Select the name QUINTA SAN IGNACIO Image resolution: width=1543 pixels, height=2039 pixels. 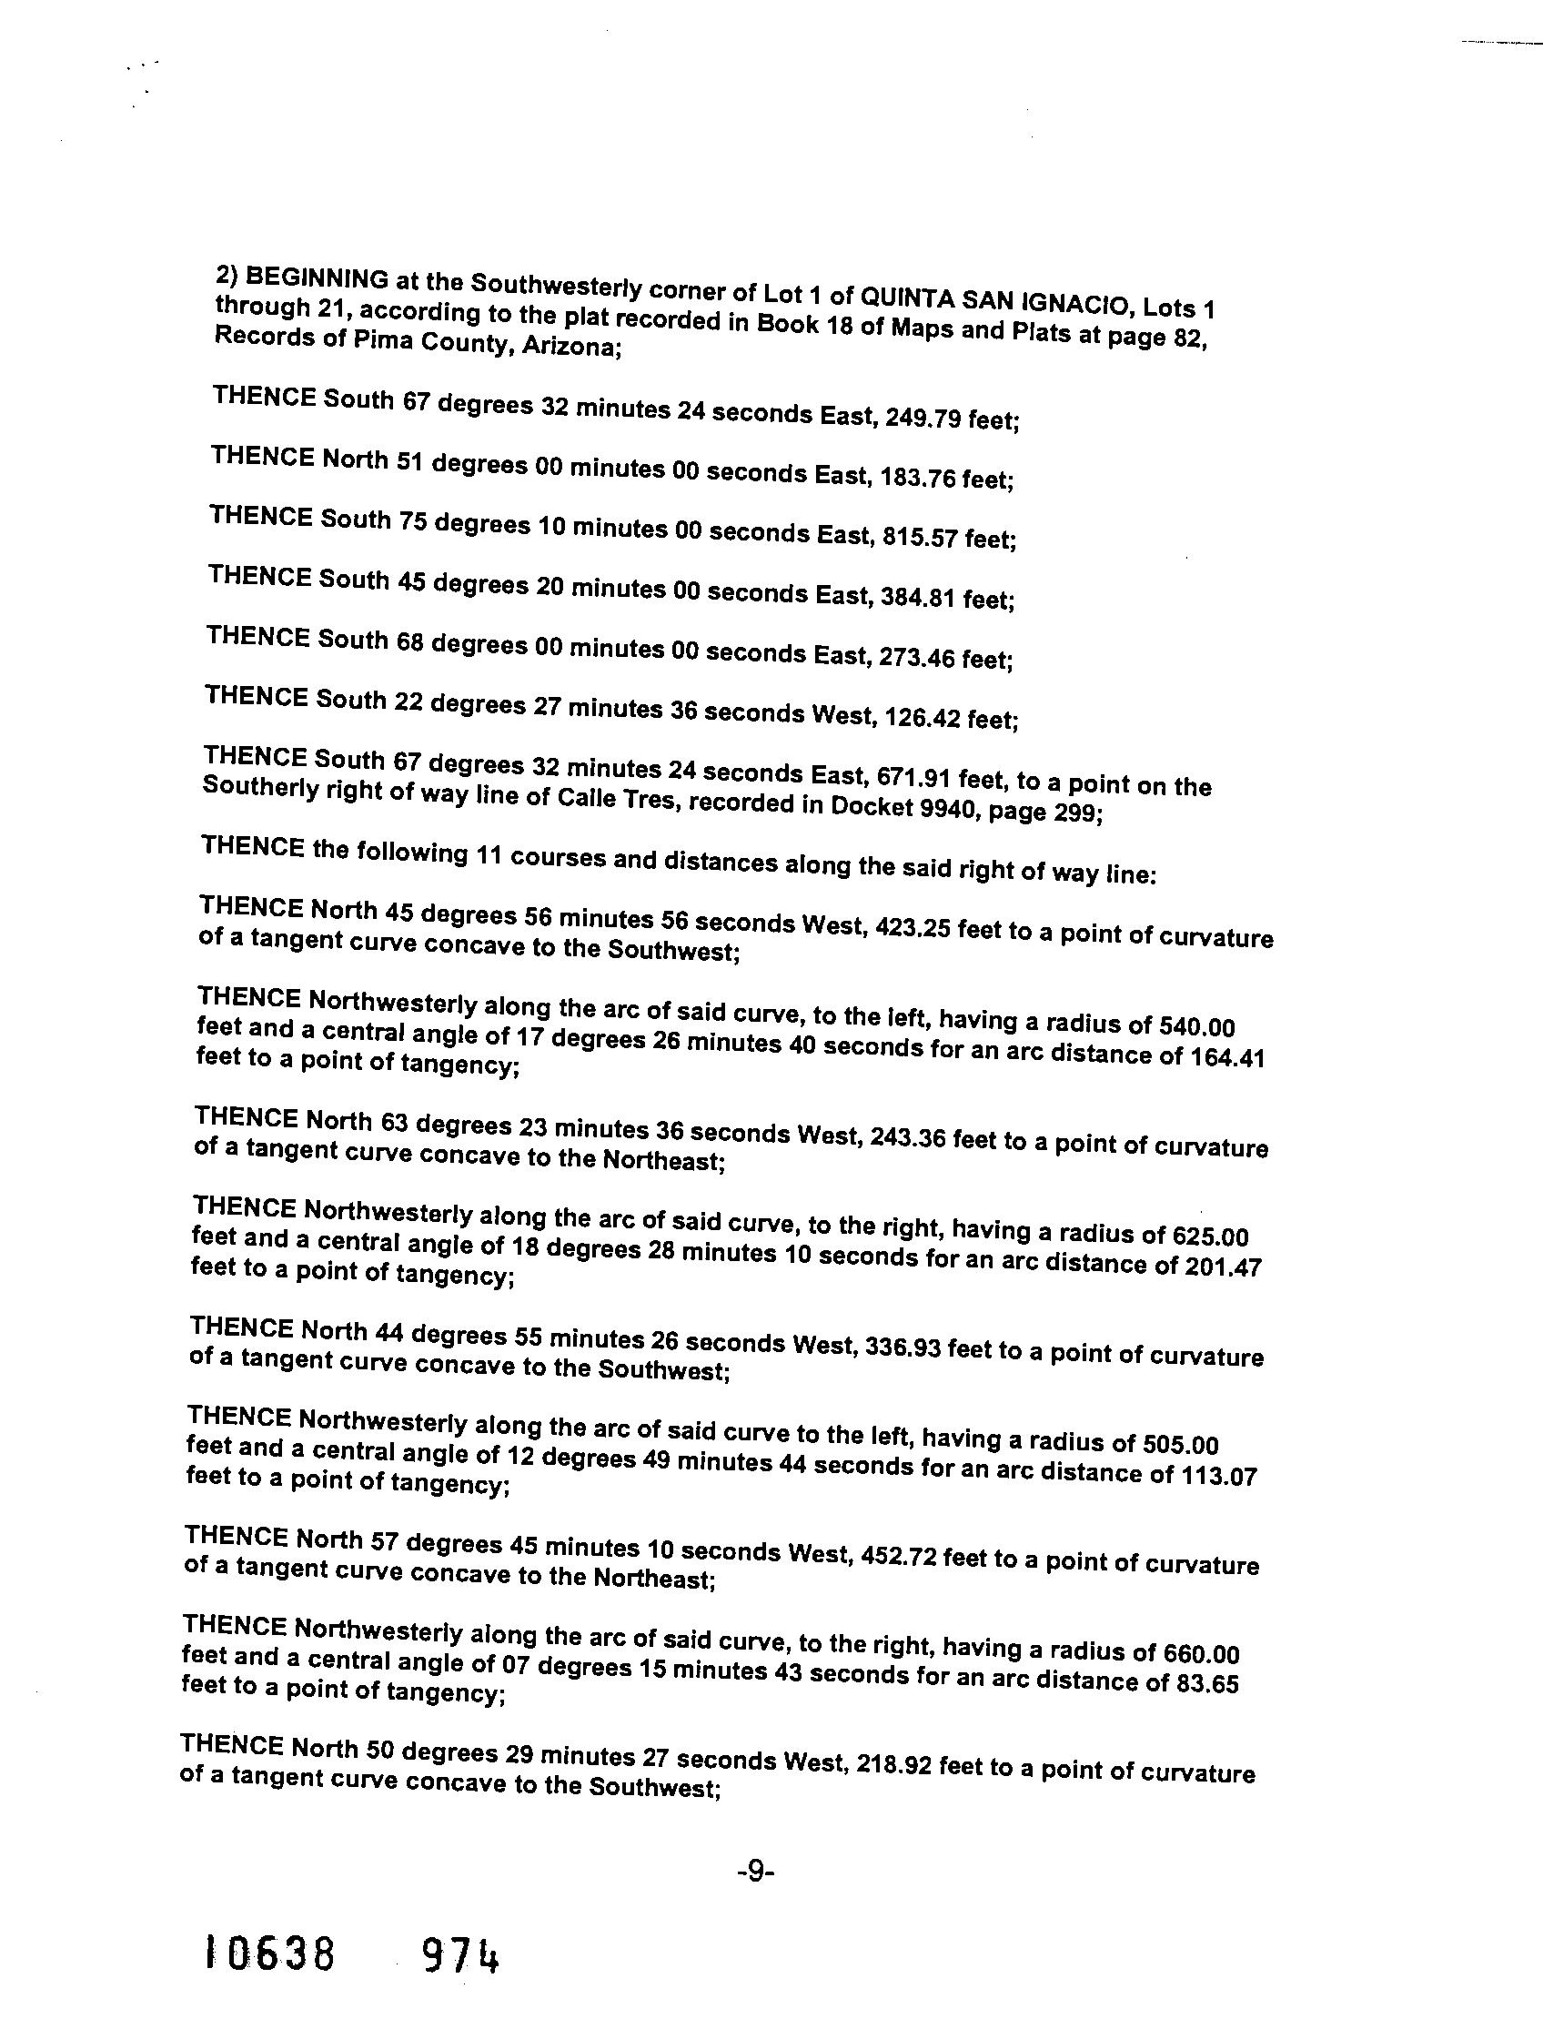972,298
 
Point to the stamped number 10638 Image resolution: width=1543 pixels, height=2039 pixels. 270,1955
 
